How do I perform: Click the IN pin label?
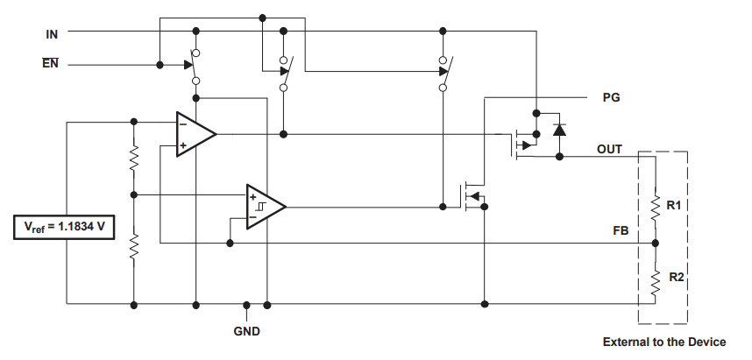(x=52, y=34)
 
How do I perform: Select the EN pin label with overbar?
(x=50, y=63)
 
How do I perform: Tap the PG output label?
(x=611, y=98)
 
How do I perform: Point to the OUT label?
(x=609, y=150)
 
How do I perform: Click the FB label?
(x=621, y=231)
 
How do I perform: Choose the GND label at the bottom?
(x=247, y=331)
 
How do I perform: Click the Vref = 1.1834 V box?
(x=64, y=227)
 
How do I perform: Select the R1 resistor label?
(x=674, y=206)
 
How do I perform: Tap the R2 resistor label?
(x=677, y=277)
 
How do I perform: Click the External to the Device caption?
(x=664, y=342)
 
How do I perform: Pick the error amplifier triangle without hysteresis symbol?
(x=196, y=134)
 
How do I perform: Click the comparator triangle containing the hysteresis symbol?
(x=266, y=207)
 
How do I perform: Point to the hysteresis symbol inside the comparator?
(x=260, y=207)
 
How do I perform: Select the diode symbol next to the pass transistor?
(x=559, y=130)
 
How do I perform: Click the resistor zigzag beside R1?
(x=655, y=206)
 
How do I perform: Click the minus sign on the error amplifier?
(x=182, y=124)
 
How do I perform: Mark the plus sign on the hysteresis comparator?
(x=252, y=196)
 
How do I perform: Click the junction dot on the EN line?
(x=160, y=65)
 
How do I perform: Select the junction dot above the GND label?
(x=246, y=305)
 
